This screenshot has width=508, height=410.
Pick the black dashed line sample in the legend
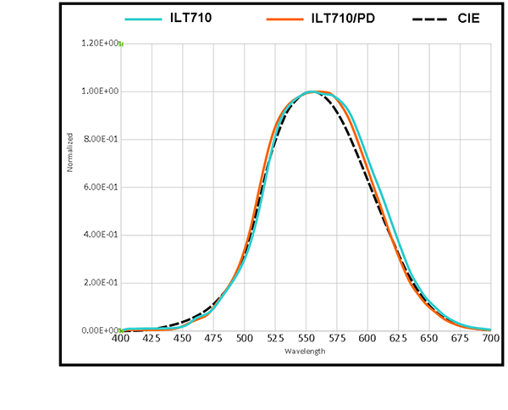click(429, 18)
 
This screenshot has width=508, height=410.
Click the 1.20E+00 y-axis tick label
click(99, 43)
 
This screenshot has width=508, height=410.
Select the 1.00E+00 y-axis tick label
click(99, 91)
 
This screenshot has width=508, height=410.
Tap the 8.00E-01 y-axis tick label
click(99, 139)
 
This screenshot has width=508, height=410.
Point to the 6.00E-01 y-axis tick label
click(99, 187)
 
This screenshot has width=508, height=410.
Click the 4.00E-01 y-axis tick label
click(99, 235)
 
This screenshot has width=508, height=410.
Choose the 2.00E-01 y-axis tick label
click(99, 283)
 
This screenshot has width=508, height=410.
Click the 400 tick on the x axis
click(121, 339)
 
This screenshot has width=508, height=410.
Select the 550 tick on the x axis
click(306, 339)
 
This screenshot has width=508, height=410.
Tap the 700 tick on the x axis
click(490, 339)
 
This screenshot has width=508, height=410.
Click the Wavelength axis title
click(304, 350)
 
